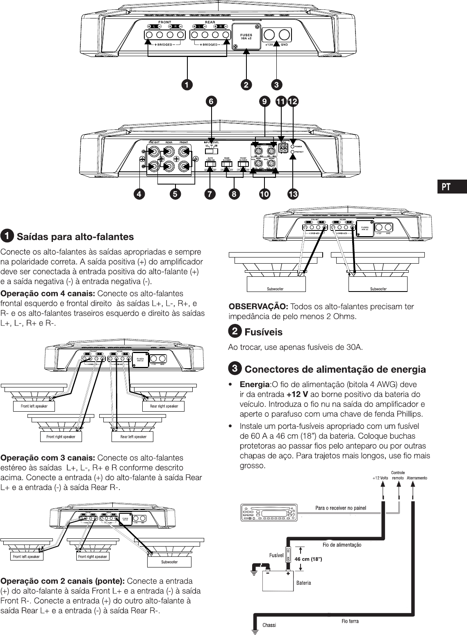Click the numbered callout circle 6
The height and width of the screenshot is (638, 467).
[x=211, y=101]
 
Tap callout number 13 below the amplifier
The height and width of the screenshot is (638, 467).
[x=293, y=194]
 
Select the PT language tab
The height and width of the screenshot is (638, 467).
[x=446, y=187]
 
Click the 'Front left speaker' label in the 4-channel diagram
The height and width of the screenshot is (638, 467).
[x=34, y=406]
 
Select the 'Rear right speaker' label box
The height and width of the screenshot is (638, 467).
[x=164, y=406]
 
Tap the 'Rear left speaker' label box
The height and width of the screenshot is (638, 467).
[x=133, y=437]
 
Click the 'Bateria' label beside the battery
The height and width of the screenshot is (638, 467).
[x=303, y=582]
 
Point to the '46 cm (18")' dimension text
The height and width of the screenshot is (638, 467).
[x=308, y=559]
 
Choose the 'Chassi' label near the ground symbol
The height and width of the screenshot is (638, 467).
[x=269, y=625]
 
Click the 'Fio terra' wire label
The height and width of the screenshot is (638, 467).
[x=350, y=621]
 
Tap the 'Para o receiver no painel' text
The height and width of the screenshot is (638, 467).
[x=341, y=508]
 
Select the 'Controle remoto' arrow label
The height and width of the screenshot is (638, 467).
[x=398, y=475]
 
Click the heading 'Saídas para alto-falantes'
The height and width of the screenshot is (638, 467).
[x=75, y=237]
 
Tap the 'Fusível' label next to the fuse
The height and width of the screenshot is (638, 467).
[x=276, y=555]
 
